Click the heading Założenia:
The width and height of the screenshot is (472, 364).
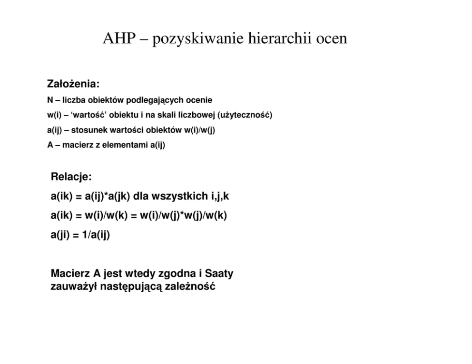tap(73, 84)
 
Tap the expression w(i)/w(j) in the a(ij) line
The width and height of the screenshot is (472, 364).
tap(199, 130)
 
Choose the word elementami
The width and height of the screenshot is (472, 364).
tap(130, 145)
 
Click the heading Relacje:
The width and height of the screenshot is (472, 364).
tap(71, 177)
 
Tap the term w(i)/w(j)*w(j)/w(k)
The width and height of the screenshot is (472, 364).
tap(183, 215)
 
